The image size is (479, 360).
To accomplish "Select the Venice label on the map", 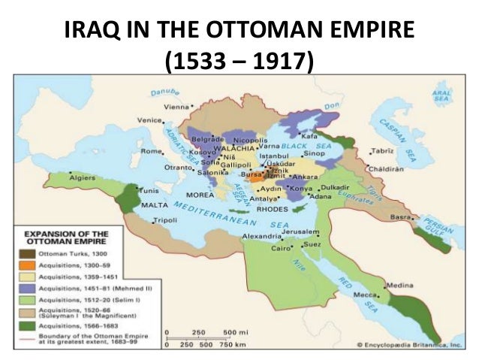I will [149, 120].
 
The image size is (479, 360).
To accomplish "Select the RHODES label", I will [272, 210].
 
